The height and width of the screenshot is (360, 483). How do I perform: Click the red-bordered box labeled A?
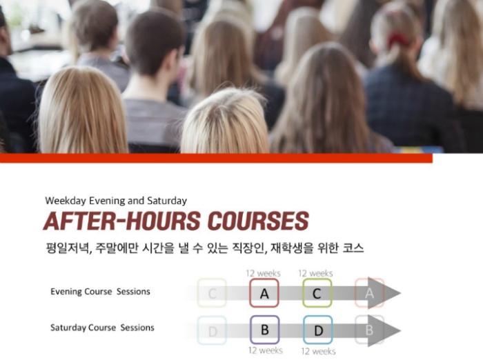[264, 293]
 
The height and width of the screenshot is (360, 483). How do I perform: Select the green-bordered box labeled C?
[317, 293]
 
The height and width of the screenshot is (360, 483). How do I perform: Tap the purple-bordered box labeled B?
[264, 330]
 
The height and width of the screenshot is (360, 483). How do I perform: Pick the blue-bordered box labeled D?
[318, 330]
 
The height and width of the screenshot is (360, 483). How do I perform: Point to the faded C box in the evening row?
[212, 293]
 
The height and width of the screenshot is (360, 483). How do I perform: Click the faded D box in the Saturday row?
[212, 330]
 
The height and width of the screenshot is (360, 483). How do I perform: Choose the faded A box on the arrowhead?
[369, 293]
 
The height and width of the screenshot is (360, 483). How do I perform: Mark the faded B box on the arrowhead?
[369, 330]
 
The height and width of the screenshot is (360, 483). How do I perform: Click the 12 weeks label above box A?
[264, 273]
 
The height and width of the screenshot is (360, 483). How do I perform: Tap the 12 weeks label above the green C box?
[316, 273]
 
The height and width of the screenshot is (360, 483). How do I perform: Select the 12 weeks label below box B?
[265, 350]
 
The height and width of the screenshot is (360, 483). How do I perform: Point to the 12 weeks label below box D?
[319, 351]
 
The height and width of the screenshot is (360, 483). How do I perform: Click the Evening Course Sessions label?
[100, 291]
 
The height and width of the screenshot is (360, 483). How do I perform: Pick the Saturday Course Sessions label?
[102, 328]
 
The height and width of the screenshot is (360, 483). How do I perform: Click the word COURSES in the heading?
[258, 221]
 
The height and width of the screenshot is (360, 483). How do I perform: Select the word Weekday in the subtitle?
[66, 201]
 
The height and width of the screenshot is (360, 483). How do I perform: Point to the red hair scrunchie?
[397, 39]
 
